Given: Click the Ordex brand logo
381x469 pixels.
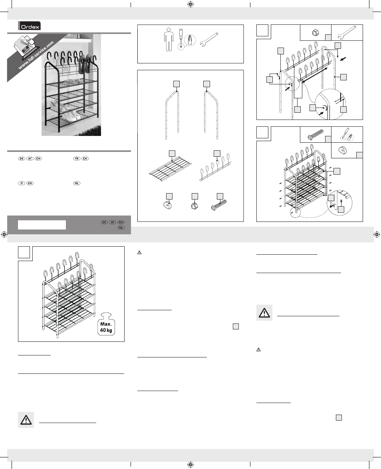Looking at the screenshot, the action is tap(29, 26).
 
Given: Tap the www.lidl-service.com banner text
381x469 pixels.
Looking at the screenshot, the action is tap(36, 55).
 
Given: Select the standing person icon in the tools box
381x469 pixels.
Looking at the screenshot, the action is tap(169, 40).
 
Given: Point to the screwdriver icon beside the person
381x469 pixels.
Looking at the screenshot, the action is tap(181, 39).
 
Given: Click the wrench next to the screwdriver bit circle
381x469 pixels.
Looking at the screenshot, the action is tap(208, 40).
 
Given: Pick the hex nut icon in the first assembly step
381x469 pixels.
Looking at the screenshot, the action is tap(315, 32).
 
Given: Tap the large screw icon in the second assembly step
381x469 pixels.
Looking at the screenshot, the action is tap(316, 135).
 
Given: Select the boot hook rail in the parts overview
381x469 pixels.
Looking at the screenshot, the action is tap(215, 168).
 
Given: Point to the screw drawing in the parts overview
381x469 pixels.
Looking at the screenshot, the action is tap(219, 206).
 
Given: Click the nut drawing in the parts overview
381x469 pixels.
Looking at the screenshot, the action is tap(194, 206).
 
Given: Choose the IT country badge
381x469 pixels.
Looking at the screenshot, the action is tap(22, 183).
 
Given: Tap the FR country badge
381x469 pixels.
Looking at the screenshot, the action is tap(77, 158).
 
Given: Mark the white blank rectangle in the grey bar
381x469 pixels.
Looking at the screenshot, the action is tap(42, 225).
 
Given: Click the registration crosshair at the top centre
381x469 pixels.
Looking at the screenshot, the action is tap(190, 4).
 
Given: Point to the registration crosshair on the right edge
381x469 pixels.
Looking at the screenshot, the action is tap(377, 234).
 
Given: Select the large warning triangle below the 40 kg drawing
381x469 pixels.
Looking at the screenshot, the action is tap(26, 420).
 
